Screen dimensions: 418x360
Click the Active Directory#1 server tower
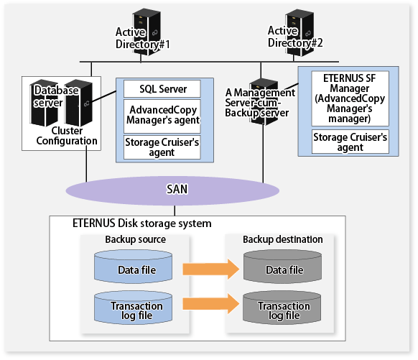[x=147, y=32]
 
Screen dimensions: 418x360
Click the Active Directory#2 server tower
[x=299, y=32]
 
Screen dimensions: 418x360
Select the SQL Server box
[x=162, y=89]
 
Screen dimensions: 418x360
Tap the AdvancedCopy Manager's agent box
[x=162, y=116]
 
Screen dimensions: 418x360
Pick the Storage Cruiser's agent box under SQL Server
[x=162, y=147]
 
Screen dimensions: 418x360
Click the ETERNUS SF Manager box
[x=350, y=98]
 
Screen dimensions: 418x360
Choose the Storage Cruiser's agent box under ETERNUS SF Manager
[x=350, y=142]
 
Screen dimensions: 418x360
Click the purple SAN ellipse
[x=172, y=190]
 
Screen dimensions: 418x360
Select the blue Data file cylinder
[x=133, y=267]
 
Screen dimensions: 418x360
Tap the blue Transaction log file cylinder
[x=133, y=308]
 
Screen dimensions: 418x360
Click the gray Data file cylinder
[x=282, y=267]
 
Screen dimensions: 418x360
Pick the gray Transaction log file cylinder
[x=282, y=308]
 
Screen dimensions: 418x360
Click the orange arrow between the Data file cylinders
[x=211, y=269]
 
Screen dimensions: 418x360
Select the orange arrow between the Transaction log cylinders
[x=211, y=304]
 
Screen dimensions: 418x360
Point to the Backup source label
[x=136, y=239]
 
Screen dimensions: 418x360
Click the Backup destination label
[x=282, y=239]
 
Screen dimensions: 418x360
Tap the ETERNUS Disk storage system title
[x=141, y=223]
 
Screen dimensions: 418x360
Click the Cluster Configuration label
[x=67, y=136]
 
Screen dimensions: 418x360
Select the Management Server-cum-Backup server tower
[x=264, y=101]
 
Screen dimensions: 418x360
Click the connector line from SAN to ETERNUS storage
[x=175, y=211]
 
